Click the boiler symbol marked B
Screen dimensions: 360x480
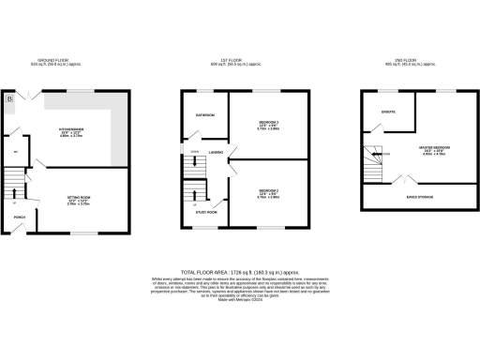(10, 97)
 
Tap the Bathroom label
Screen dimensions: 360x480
(204, 115)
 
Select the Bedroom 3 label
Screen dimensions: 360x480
(270, 125)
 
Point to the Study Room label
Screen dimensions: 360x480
(205, 212)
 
